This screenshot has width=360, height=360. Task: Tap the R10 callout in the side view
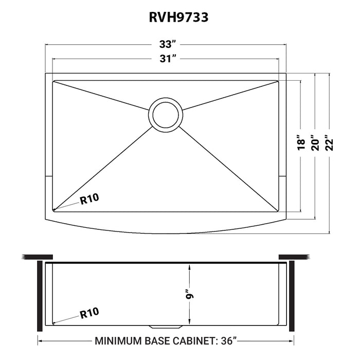point(89,312)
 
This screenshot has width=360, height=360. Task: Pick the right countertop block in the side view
point(294,256)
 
